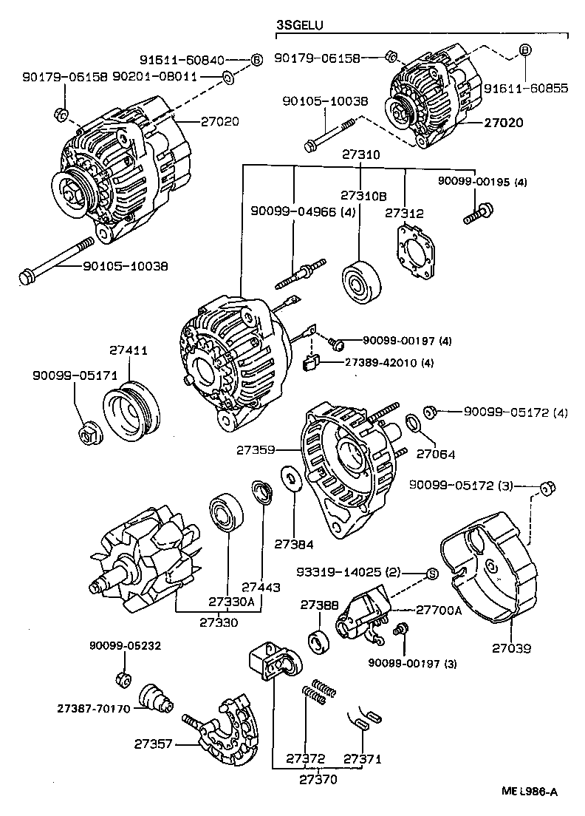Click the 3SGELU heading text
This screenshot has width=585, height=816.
point(299,26)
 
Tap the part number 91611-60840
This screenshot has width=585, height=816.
point(182,60)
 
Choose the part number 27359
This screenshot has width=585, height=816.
point(256,449)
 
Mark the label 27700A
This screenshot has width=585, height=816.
point(438,610)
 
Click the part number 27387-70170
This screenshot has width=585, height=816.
point(93,707)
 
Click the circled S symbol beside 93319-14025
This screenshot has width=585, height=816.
point(433,574)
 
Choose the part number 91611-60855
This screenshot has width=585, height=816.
point(526,88)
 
